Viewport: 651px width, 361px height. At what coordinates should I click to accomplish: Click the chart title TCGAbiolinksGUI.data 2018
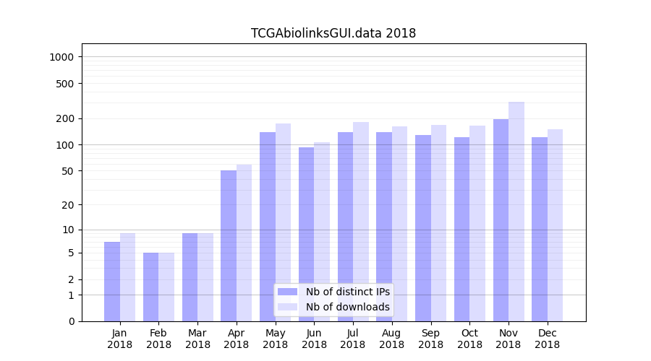coord(333,33)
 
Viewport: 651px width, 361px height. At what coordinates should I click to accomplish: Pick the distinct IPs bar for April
coord(229,245)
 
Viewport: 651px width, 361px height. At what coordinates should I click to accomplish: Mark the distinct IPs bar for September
coord(422,228)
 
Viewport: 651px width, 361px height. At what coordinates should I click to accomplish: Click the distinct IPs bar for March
coord(190,277)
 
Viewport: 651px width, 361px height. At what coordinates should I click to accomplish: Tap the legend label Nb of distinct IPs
coord(347,292)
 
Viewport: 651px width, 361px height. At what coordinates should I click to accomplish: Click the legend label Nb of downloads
coord(347,307)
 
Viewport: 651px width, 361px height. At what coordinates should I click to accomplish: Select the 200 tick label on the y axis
coord(66,118)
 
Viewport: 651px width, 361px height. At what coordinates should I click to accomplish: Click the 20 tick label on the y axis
coord(68,205)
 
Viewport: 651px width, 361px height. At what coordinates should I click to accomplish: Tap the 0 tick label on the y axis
coord(71,321)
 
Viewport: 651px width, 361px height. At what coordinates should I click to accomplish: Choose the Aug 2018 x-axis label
coord(391,339)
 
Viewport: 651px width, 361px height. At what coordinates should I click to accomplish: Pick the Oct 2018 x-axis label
coord(469,339)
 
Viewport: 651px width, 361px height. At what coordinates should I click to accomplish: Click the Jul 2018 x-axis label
coord(353,339)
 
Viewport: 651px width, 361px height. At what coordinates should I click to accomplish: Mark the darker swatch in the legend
coord(287,292)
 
